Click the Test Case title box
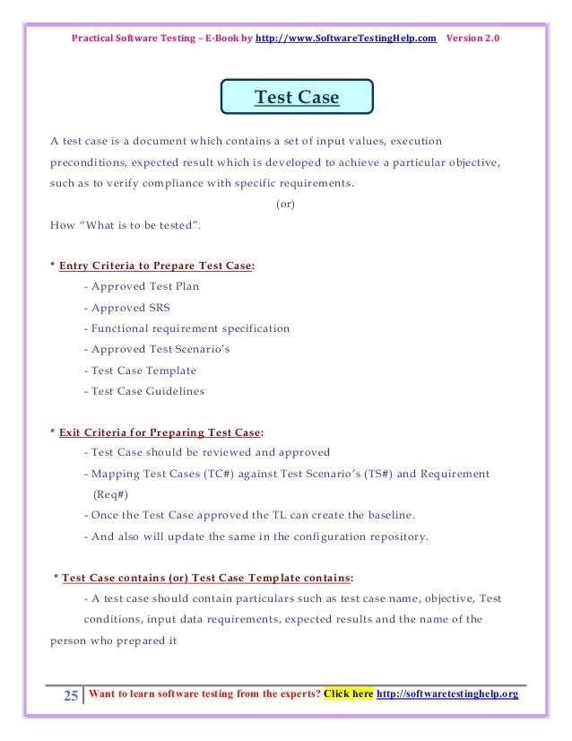click(x=297, y=98)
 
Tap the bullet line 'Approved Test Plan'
click(x=142, y=287)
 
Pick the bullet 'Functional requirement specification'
click(x=186, y=328)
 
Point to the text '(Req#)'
click(x=111, y=494)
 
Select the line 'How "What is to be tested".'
click(x=126, y=224)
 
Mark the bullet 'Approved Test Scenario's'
click(x=156, y=349)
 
